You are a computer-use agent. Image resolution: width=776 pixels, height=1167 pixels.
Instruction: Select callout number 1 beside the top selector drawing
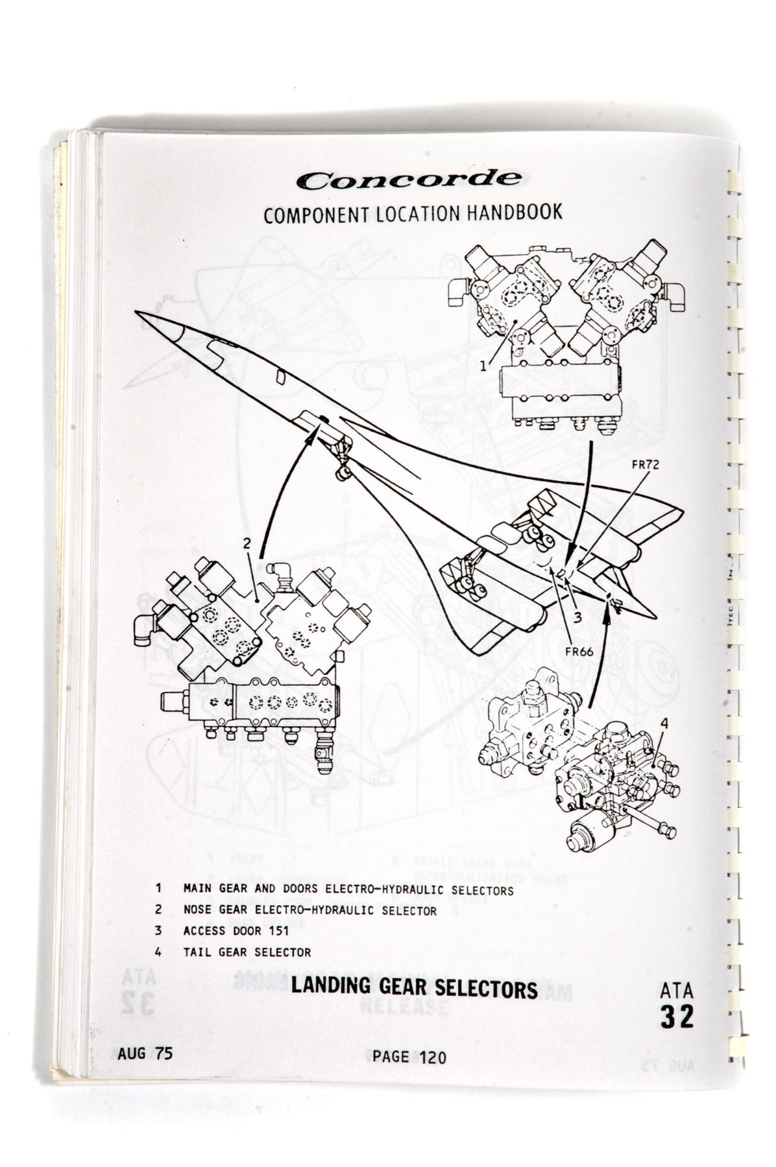483,366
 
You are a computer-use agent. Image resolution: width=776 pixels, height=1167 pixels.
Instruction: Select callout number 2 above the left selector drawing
247,544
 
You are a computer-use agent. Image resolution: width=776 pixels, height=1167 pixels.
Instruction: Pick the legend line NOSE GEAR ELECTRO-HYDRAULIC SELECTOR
310,910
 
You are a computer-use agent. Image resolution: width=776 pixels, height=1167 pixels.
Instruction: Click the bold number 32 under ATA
677,1017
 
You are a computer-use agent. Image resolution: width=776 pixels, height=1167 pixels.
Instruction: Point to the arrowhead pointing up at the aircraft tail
607,613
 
